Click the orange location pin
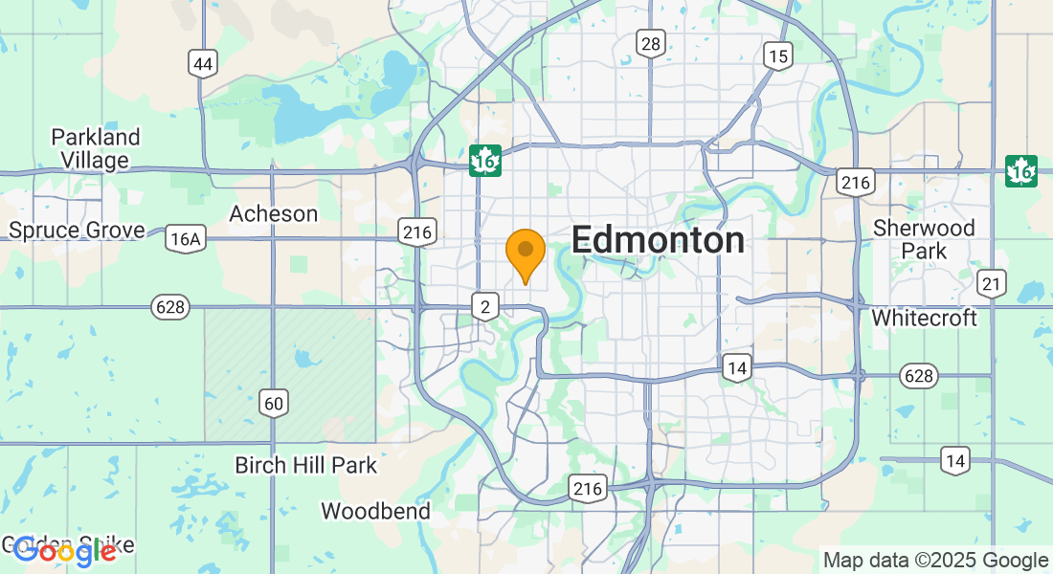pyautogui.click(x=525, y=254)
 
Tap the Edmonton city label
pyautogui.click(x=658, y=240)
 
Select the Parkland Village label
pyautogui.click(x=96, y=148)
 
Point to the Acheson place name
pyautogui.click(x=274, y=213)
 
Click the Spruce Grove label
pyautogui.click(x=77, y=230)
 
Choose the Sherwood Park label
pyautogui.click(x=924, y=239)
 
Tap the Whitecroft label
pyautogui.click(x=925, y=317)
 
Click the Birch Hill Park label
pyautogui.click(x=306, y=466)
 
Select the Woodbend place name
pyautogui.click(x=375, y=511)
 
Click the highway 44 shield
pyautogui.click(x=203, y=64)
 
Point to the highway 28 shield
pyautogui.click(x=651, y=42)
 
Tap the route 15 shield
pyautogui.click(x=778, y=55)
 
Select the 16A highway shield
pyautogui.click(x=184, y=238)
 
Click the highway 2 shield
pyautogui.click(x=485, y=306)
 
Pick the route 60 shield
pyautogui.click(x=274, y=403)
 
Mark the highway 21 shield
pyautogui.click(x=990, y=282)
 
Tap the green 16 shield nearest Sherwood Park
pyautogui.click(x=1021, y=170)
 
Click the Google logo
pyautogui.click(x=65, y=550)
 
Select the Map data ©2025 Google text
pyautogui.click(x=935, y=561)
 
